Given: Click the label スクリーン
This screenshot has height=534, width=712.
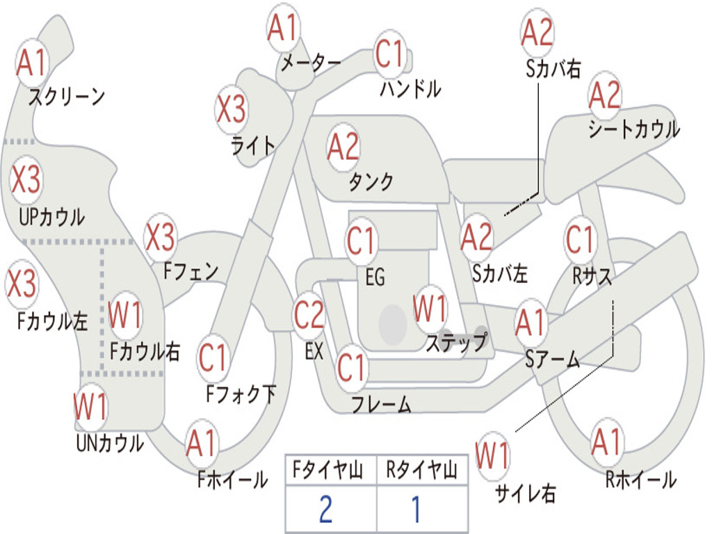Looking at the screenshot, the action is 66,96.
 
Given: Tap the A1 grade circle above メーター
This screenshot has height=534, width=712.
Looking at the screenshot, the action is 283,29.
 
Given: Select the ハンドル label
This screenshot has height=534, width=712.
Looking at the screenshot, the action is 410,88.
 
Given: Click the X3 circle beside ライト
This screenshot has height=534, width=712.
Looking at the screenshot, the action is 231,108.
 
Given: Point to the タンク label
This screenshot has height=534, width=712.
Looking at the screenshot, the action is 371,181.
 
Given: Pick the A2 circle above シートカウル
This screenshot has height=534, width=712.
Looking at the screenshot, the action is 605,96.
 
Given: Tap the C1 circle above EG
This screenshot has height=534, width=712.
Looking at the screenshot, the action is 362,241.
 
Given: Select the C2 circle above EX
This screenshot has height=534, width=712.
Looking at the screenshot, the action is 309,316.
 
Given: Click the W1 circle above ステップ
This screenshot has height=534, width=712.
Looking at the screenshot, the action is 430,308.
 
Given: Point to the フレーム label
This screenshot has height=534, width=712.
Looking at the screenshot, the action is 381,404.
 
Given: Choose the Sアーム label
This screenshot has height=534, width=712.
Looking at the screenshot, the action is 552,359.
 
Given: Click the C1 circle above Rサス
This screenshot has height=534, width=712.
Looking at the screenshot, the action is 580,240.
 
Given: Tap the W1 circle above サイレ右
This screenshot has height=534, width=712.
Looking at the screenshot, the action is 493,456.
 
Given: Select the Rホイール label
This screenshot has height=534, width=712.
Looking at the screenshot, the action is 640,479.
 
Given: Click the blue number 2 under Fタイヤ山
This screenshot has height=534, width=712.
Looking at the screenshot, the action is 325,509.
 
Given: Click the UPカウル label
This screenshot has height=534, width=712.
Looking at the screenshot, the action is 51,216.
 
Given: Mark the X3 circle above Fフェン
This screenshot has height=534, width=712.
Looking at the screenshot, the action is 160,238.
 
